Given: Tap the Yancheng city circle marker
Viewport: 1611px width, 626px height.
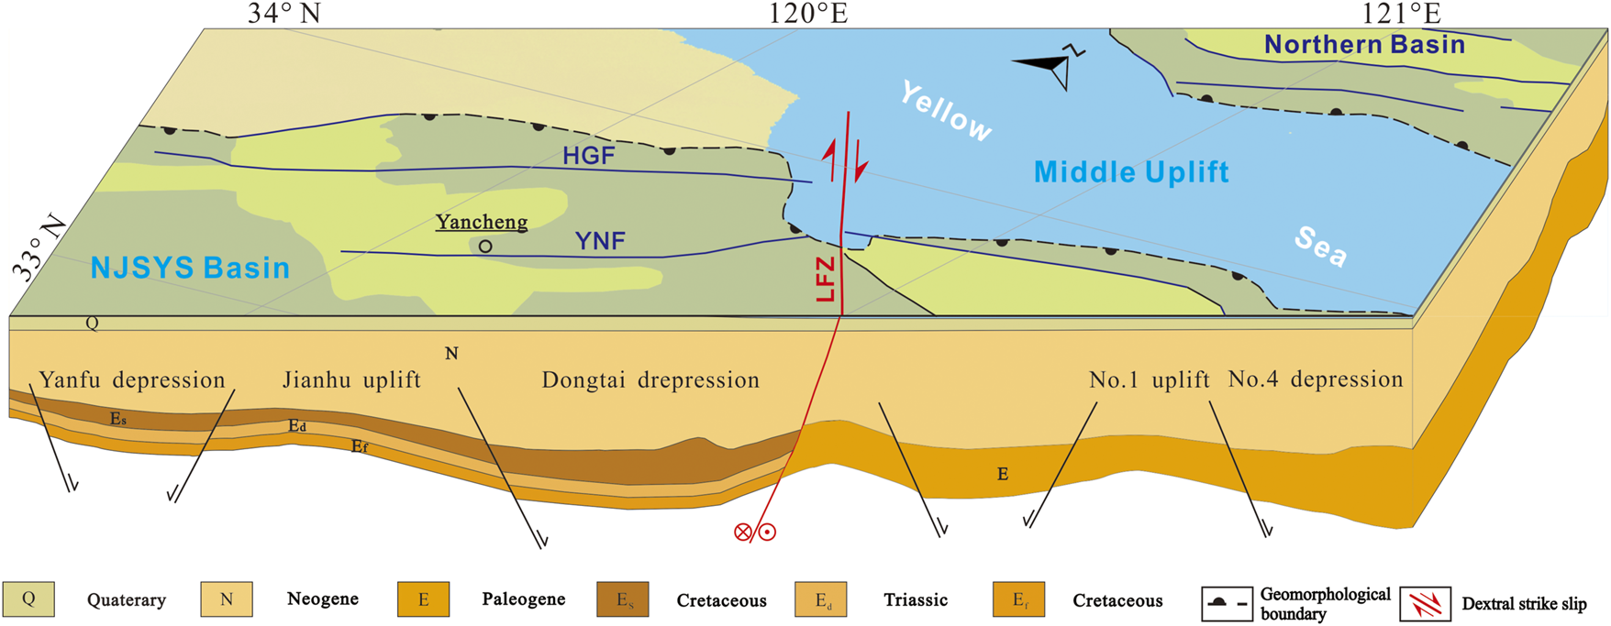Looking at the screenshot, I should point(485,246).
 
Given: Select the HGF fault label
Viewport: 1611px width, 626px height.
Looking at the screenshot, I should point(588,156).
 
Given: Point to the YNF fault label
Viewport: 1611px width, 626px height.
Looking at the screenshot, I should point(600,241).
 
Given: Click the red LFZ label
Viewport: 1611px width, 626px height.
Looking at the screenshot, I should point(827,279).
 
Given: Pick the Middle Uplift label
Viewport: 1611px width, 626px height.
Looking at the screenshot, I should point(1131,172).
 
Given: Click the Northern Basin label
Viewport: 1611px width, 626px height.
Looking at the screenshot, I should point(1364,44).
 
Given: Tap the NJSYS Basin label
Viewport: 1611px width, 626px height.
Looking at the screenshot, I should point(190,268).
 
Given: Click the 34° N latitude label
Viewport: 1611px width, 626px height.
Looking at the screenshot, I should point(284,13).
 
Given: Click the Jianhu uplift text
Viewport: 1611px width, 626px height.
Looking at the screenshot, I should point(351,379).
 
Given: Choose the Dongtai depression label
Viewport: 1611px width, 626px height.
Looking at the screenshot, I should point(650,379).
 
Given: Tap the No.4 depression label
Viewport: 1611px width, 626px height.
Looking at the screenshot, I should point(1316,379).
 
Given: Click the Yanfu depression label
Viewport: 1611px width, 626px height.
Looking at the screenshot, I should point(132,379).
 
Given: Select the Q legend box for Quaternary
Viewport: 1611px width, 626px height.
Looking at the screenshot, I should point(28,599).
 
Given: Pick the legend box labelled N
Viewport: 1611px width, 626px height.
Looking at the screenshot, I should point(227,599).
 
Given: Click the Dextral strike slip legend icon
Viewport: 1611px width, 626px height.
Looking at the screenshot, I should point(1425,604).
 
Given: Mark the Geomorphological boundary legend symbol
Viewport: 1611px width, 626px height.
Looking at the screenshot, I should point(1227,604).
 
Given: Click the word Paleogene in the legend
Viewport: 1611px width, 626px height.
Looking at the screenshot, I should point(523,600).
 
